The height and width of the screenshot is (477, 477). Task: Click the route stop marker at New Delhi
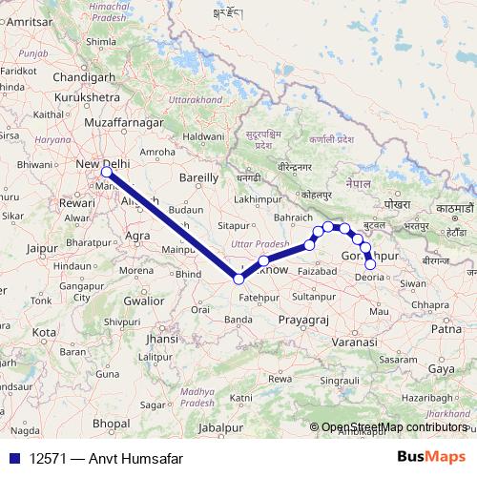click(x=107, y=173)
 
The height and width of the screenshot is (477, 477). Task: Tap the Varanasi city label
click(x=355, y=341)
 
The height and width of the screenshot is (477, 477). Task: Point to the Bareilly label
click(x=199, y=177)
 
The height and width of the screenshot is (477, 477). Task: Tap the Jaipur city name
click(x=43, y=248)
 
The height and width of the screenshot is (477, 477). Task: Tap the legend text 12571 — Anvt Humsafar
click(x=100, y=459)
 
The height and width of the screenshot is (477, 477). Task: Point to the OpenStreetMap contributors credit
click(x=393, y=427)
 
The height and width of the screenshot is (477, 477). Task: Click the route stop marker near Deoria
click(x=371, y=265)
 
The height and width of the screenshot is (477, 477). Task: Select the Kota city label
click(x=44, y=331)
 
